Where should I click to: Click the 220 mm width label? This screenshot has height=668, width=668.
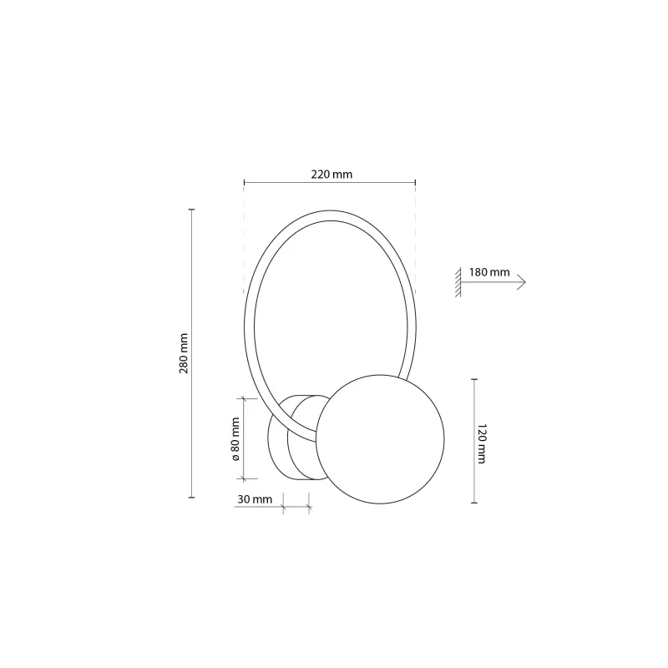(x=331, y=175)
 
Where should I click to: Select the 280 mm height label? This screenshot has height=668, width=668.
(x=185, y=353)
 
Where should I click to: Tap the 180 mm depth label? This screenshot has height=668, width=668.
(x=488, y=272)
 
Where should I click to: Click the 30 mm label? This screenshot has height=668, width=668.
(x=255, y=499)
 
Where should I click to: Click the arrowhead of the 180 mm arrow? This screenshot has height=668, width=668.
(x=522, y=282)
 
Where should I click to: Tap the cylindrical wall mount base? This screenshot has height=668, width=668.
(x=289, y=438)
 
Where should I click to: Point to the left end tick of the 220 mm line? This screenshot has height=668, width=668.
(x=243, y=182)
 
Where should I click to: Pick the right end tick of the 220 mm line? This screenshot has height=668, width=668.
(x=416, y=182)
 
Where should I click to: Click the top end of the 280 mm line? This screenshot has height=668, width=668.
(x=192, y=209)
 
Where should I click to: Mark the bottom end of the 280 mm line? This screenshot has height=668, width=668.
(x=192, y=498)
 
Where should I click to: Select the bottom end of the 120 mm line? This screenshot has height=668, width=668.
(x=474, y=504)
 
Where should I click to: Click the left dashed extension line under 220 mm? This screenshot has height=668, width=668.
(x=243, y=242)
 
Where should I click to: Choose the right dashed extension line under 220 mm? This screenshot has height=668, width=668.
(x=416, y=242)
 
